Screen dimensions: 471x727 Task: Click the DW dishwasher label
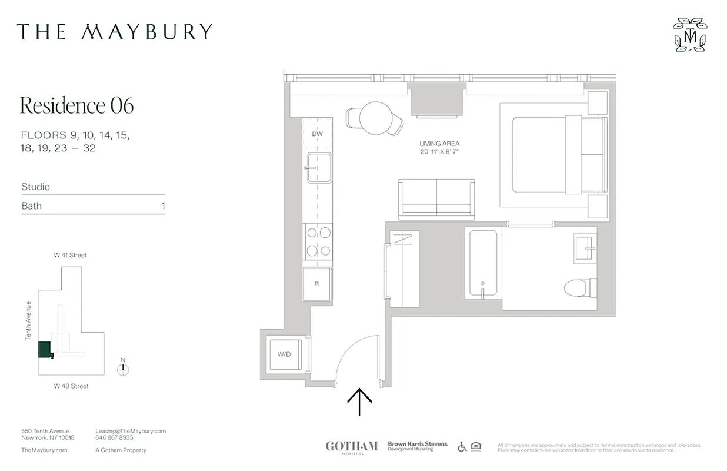318,134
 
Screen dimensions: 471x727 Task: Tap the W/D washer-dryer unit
285,354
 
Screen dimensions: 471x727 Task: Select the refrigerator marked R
317,284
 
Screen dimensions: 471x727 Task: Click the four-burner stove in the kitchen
318,242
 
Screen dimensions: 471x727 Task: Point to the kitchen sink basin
319,167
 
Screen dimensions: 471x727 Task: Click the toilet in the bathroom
580,287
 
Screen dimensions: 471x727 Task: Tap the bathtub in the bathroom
483,263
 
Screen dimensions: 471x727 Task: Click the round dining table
375,118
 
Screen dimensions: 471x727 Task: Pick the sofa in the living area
436,199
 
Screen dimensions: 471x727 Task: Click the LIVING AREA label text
439,144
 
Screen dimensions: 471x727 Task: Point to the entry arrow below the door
359,402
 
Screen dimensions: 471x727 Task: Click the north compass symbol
122,369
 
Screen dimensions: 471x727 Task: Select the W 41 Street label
70,255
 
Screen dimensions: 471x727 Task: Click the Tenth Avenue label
28,321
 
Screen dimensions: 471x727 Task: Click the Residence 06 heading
77,105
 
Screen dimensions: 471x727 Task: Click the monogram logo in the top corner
690,35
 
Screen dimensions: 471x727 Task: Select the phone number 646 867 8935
114,438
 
